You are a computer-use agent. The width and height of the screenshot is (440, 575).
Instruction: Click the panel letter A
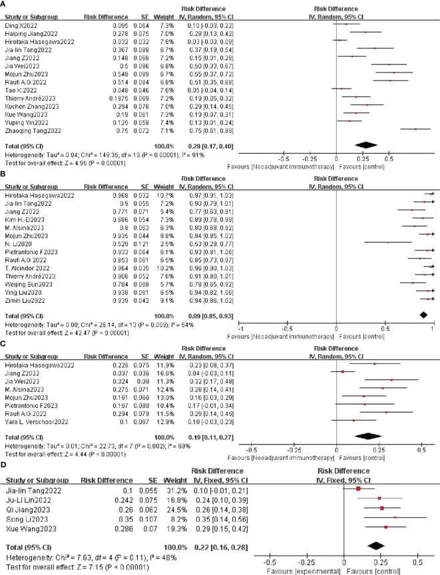tap(5, 4)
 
